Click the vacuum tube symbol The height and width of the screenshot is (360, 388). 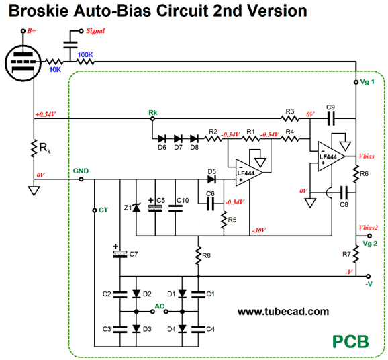coord(23,63)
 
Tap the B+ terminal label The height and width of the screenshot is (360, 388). coord(32,31)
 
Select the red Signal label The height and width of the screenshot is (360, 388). coord(95,31)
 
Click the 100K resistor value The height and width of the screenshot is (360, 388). coord(85,54)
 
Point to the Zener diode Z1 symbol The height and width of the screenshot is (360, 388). coord(136,208)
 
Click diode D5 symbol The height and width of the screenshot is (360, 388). coord(211,179)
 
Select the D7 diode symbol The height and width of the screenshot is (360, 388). coord(178,138)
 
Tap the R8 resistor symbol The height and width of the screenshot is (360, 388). coord(198,256)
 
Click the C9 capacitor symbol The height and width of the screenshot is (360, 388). coord(331,119)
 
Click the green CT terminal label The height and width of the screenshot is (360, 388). coord(103,210)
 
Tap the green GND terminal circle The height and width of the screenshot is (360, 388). coord(81,179)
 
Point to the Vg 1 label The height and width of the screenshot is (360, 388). coord(367,82)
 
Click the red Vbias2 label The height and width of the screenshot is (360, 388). coord(369,228)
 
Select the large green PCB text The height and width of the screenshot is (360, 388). coord(350,342)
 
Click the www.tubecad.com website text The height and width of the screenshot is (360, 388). coord(283,312)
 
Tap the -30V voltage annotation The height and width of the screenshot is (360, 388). coord(259,230)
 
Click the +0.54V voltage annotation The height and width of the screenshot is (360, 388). coord(45,114)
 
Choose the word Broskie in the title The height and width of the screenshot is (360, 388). coord(39,11)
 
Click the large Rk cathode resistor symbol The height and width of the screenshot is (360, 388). coord(34,148)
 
